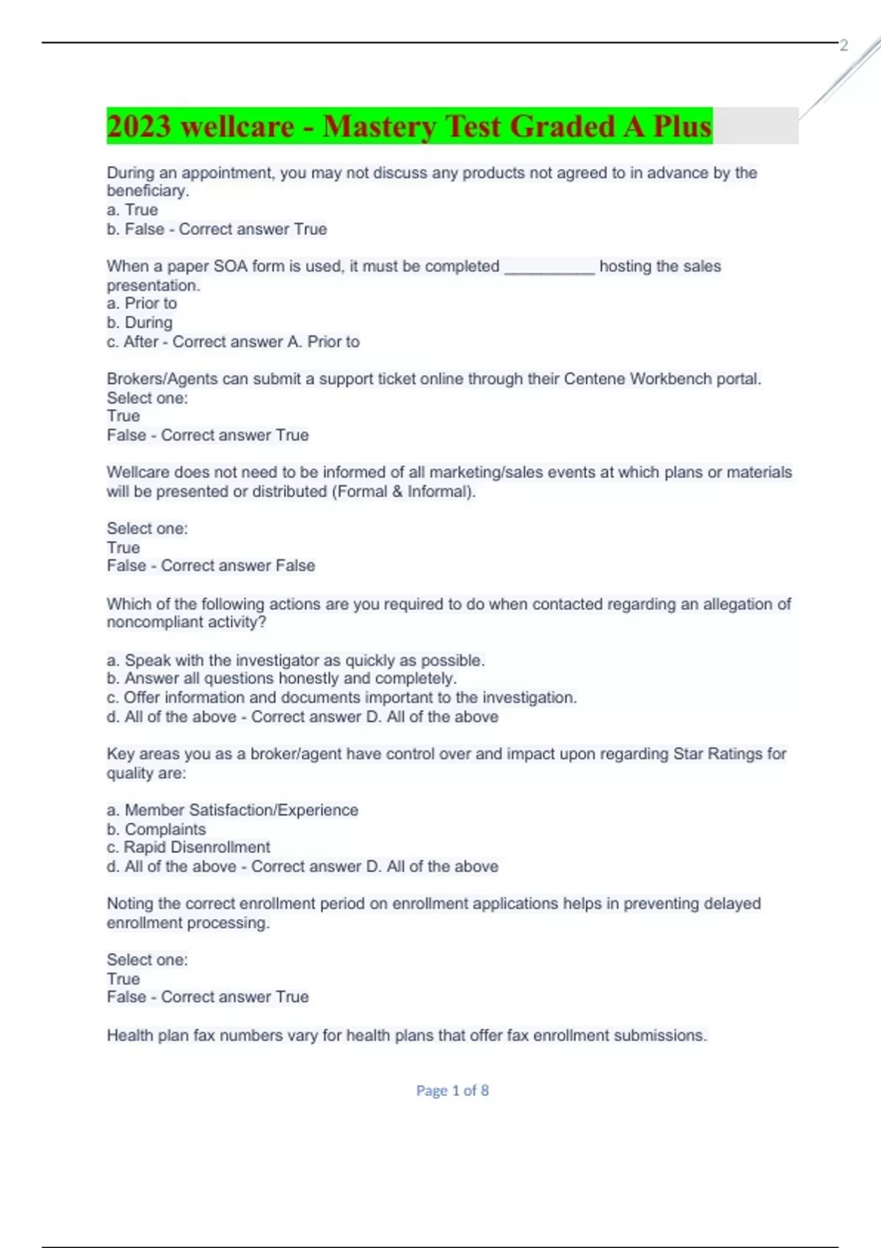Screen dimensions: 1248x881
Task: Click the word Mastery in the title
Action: [379, 126]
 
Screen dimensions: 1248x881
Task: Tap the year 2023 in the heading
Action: [139, 126]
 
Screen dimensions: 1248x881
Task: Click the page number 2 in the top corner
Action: [844, 46]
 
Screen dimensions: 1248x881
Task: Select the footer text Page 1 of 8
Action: [452, 1091]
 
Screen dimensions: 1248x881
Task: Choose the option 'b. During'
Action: [139, 322]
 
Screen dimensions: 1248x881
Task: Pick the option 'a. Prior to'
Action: [142, 303]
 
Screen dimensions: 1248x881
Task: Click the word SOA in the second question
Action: [230, 266]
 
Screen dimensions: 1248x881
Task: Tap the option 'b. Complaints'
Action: [156, 829]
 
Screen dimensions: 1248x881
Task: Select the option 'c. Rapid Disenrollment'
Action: [189, 847]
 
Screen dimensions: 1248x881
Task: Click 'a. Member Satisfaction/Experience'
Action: [233, 810]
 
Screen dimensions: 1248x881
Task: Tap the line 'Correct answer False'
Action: [238, 565]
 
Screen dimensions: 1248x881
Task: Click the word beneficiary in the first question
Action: [147, 191]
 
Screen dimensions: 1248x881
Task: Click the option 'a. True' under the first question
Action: [132, 210]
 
